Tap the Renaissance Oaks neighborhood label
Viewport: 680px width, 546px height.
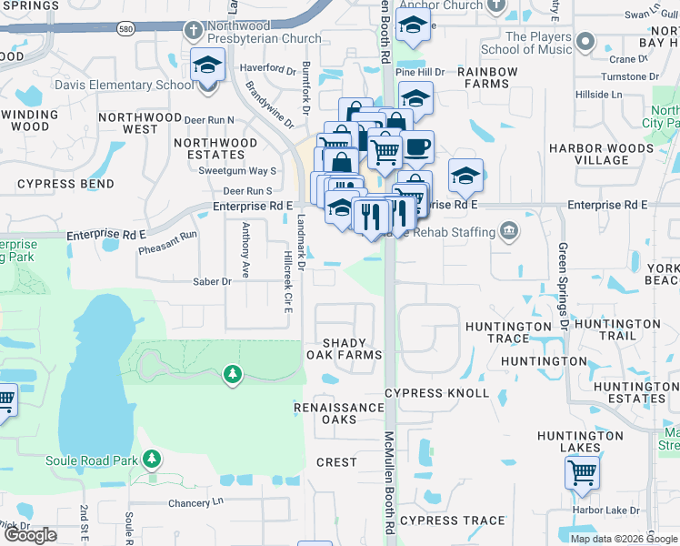pos(339,413)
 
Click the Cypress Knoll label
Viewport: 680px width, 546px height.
pos(436,394)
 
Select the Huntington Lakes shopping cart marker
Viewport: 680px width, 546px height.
pos(582,473)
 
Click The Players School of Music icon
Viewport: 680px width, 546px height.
pos(585,43)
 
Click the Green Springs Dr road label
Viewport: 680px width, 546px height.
pos(564,286)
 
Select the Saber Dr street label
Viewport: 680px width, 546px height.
pos(212,282)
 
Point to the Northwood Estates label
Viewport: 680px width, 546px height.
pos(215,148)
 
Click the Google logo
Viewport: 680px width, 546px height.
pos(31,535)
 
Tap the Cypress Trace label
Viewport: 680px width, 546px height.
pos(452,521)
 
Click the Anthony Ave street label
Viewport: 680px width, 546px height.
pos(245,250)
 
